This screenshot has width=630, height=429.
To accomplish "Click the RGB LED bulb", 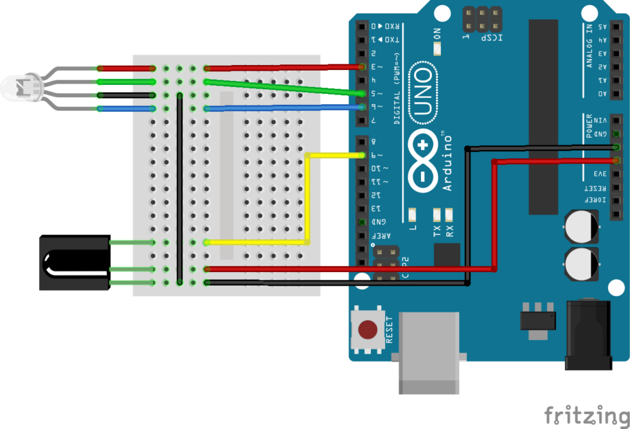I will pyautogui.click(x=14, y=87).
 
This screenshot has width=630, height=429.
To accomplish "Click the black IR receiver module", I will pyautogui.click(x=72, y=262).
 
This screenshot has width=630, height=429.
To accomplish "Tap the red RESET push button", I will pyautogui.click(x=368, y=330).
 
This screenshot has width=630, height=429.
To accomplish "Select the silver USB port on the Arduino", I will pyautogui.click(x=429, y=351).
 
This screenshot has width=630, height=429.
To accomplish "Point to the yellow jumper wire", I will pyautogui.click(x=307, y=199).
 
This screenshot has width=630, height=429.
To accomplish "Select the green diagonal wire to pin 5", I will pyautogui.click(x=283, y=88).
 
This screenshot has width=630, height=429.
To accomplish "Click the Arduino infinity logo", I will pyautogui.click(x=422, y=161).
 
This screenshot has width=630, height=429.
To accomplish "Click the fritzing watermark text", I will pyautogui.click(x=586, y=414).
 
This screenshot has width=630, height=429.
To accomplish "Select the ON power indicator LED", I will pyautogui.click(x=437, y=50).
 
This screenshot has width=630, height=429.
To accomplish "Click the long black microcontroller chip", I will pyautogui.click(x=543, y=116).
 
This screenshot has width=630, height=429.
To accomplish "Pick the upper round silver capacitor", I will pyautogui.click(x=582, y=227).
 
